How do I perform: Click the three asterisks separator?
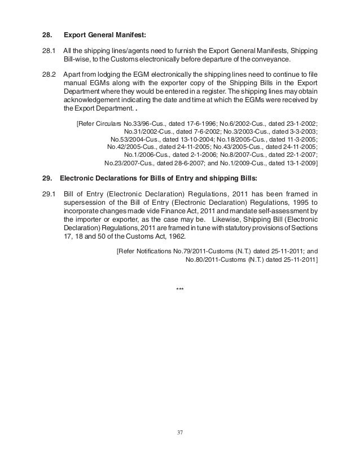[x=180, y=289]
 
